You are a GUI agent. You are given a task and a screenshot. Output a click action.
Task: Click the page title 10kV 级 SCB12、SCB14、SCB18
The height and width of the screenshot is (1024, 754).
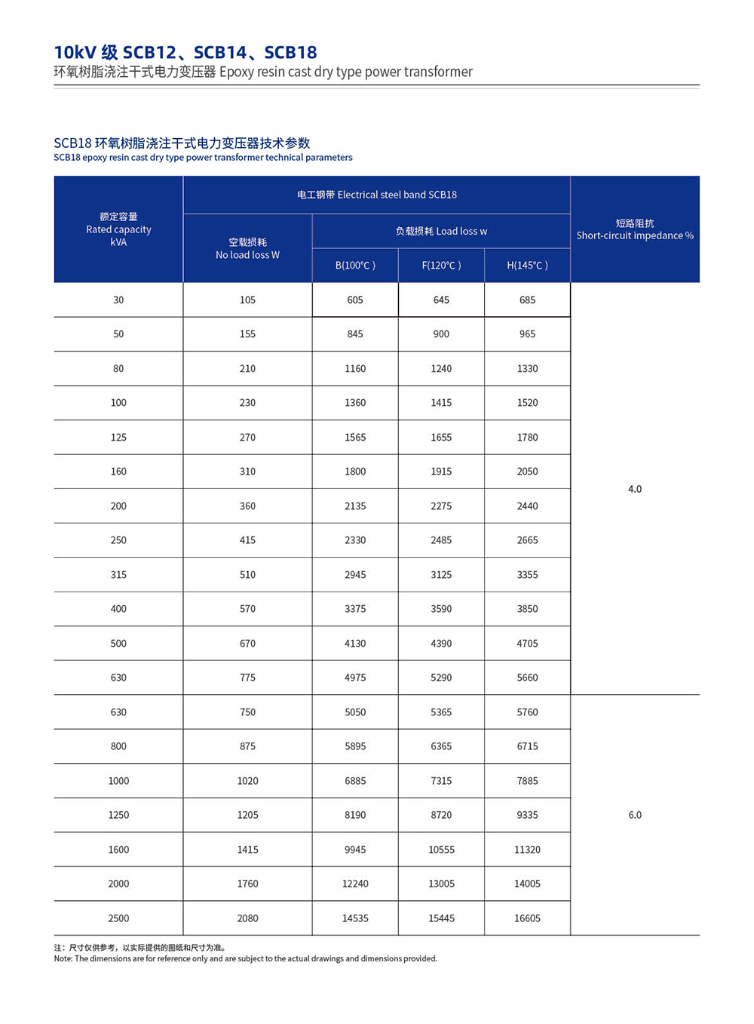point(185,52)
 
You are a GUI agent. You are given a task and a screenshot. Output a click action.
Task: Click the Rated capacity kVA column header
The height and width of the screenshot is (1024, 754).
point(118,229)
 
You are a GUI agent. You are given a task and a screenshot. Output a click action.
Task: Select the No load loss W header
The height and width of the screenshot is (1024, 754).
point(247,248)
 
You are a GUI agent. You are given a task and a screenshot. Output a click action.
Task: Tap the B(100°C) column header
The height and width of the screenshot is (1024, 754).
point(355,266)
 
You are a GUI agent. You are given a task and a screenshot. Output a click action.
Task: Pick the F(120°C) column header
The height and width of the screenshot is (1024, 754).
point(441,266)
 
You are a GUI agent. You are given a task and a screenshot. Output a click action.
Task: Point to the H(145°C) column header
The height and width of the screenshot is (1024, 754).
point(527,266)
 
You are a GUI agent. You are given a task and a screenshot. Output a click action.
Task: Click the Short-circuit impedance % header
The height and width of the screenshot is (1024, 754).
point(635,229)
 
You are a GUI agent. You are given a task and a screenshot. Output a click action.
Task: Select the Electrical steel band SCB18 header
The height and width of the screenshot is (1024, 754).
point(376,195)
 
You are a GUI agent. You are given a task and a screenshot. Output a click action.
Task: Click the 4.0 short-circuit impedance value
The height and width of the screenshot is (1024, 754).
point(635,489)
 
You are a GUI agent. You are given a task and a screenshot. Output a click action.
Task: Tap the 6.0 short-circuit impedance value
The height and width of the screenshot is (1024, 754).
point(635,815)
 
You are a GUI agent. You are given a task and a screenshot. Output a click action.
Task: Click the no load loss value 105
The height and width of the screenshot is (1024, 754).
point(247,300)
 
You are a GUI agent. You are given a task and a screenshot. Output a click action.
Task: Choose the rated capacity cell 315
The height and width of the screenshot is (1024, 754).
point(118,575)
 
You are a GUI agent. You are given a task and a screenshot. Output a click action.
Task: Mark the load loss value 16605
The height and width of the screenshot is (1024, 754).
point(527,918)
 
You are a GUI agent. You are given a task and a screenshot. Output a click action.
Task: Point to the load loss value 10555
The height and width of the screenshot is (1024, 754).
point(441,850)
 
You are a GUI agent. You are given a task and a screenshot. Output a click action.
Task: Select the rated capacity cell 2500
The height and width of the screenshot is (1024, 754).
point(118,918)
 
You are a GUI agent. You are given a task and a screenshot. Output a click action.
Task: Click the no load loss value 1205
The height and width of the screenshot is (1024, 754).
point(247,815)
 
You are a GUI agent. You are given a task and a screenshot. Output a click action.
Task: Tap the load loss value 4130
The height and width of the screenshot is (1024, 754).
point(355,644)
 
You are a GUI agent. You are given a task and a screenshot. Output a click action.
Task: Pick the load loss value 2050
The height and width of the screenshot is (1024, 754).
point(527,472)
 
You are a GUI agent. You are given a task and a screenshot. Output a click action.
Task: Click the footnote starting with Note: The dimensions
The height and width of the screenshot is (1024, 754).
point(245,958)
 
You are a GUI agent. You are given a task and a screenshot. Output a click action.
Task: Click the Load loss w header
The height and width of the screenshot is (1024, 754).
point(441,231)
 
